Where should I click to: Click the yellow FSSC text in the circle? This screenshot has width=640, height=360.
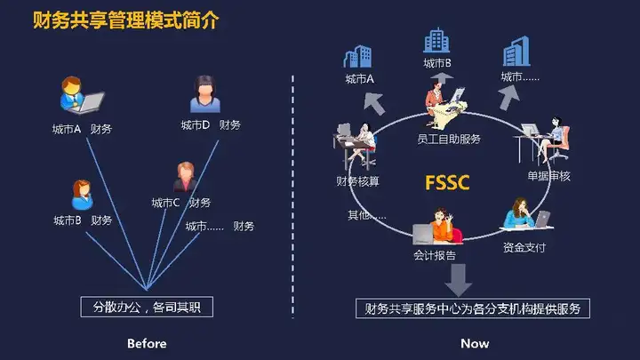pos(447,182)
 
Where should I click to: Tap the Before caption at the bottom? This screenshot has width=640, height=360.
pos(147,344)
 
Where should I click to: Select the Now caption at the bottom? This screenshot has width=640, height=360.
pos(475,344)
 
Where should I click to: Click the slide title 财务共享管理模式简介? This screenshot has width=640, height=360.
pos(126,20)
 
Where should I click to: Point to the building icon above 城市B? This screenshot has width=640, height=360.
pos(436,40)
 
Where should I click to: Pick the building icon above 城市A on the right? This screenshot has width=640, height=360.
pos(357,56)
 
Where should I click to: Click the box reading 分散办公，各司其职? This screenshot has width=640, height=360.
pos(147,307)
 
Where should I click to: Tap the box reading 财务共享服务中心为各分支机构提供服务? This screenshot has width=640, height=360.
pos(473,308)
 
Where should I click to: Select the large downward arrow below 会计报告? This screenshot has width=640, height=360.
pos(458,280)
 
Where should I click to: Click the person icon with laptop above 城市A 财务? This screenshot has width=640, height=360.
pos(81,95)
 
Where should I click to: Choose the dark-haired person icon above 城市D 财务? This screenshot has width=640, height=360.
pos(205,94)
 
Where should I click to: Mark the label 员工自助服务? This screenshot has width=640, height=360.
pos(449,140)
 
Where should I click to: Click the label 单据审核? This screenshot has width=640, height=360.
pos(548,176)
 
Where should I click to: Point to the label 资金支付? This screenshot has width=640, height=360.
pos(524,247)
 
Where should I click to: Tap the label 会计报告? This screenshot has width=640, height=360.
pos(435,255)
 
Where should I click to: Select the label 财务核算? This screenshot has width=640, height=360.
pos(357,180)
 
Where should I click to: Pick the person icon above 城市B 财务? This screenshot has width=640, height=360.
pos(82,195)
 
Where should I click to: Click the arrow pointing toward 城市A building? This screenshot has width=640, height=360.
pos(374,104)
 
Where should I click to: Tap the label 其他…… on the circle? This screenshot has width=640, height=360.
pos(366,215)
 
